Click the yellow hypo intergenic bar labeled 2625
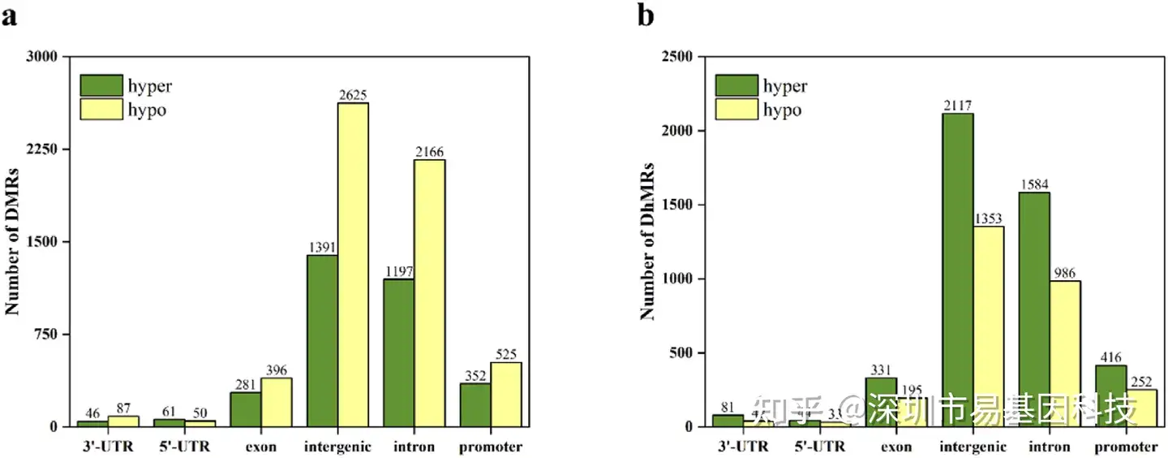pyautogui.click(x=354, y=264)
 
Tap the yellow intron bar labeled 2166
pyautogui.click(x=430, y=292)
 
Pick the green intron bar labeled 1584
pyautogui.click(x=1033, y=309)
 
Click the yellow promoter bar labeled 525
pyautogui.click(x=506, y=394)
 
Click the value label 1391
pyautogui.click(x=322, y=247)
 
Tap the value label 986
pyautogui.click(x=1065, y=272)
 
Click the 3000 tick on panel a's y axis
pyautogui.click(x=42, y=57)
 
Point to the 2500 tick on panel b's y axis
pyautogui.click(x=676, y=57)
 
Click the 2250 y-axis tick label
pyautogui.click(x=42, y=149)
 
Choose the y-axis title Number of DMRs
pyautogui.click(x=12, y=240)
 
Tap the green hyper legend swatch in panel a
pyautogui.click(x=101, y=85)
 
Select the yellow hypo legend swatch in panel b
pyautogui.click(x=736, y=110)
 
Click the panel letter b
pyautogui.click(x=646, y=15)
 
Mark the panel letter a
pyautogui.click(x=10, y=15)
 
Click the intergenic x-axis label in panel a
pyautogui.click(x=337, y=447)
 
